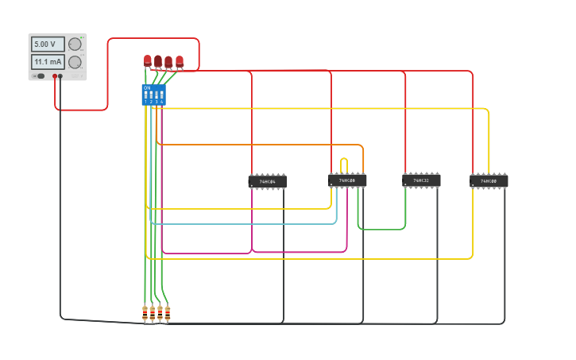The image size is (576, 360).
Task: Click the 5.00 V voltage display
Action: pos(47,45)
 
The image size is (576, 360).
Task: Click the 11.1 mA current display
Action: pos(47,62)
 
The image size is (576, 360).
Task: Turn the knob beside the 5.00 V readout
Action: pos(75,45)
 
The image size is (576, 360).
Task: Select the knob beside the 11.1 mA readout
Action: pos(75,62)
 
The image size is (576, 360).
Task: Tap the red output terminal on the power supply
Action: pos(55,76)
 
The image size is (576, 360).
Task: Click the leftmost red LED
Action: pos(148,60)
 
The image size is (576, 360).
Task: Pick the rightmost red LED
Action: pos(180,60)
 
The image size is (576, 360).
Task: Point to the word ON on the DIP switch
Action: pos(147,87)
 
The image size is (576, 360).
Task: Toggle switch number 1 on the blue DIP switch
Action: pos(146,95)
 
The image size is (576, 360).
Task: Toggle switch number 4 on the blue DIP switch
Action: pos(161,95)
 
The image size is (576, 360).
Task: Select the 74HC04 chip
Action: pos(268,182)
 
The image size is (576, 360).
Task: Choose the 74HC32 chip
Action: pos(421,181)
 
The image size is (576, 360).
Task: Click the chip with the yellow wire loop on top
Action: pos(347,181)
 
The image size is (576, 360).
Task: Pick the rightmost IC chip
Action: pos(489,181)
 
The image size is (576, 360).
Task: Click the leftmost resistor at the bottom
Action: pos(145,313)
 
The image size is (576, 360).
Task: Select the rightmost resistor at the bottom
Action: pos(167,313)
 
